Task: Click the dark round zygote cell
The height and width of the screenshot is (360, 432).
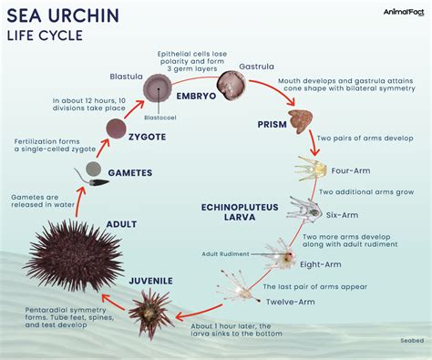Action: coord(115,129)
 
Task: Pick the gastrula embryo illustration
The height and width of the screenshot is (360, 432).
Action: coord(234,87)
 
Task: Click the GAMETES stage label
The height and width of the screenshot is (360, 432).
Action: coord(130,172)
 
